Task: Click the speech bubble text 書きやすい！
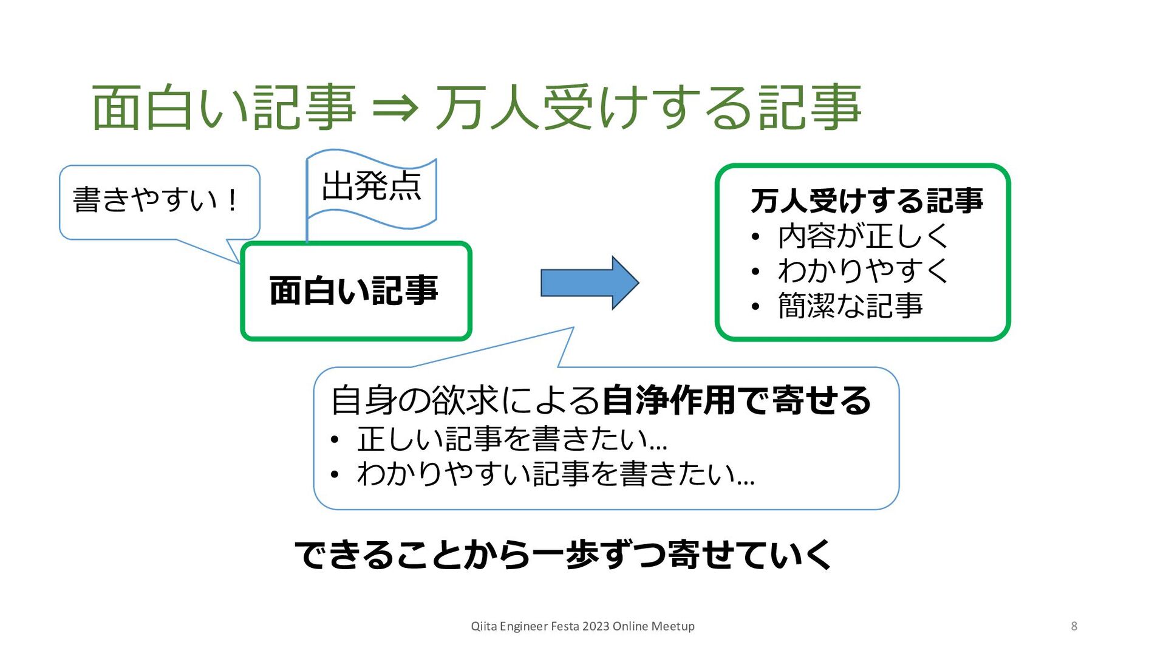(155, 200)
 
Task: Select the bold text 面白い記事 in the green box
(354, 290)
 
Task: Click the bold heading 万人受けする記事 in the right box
(867, 201)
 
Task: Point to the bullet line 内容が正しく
(862, 236)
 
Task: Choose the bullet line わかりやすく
(862, 271)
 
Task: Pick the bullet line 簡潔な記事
(850, 306)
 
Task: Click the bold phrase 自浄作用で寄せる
(736, 400)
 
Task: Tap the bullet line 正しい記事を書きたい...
(511, 439)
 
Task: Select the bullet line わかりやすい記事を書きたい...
(555, 474)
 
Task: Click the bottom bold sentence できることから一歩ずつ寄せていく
(563, 555)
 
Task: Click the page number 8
(1074, 626)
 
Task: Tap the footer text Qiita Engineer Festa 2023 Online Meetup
(582, 626)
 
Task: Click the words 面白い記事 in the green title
(223, 108)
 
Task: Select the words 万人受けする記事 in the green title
(648, 108)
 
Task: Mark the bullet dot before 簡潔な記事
(755, 307)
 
